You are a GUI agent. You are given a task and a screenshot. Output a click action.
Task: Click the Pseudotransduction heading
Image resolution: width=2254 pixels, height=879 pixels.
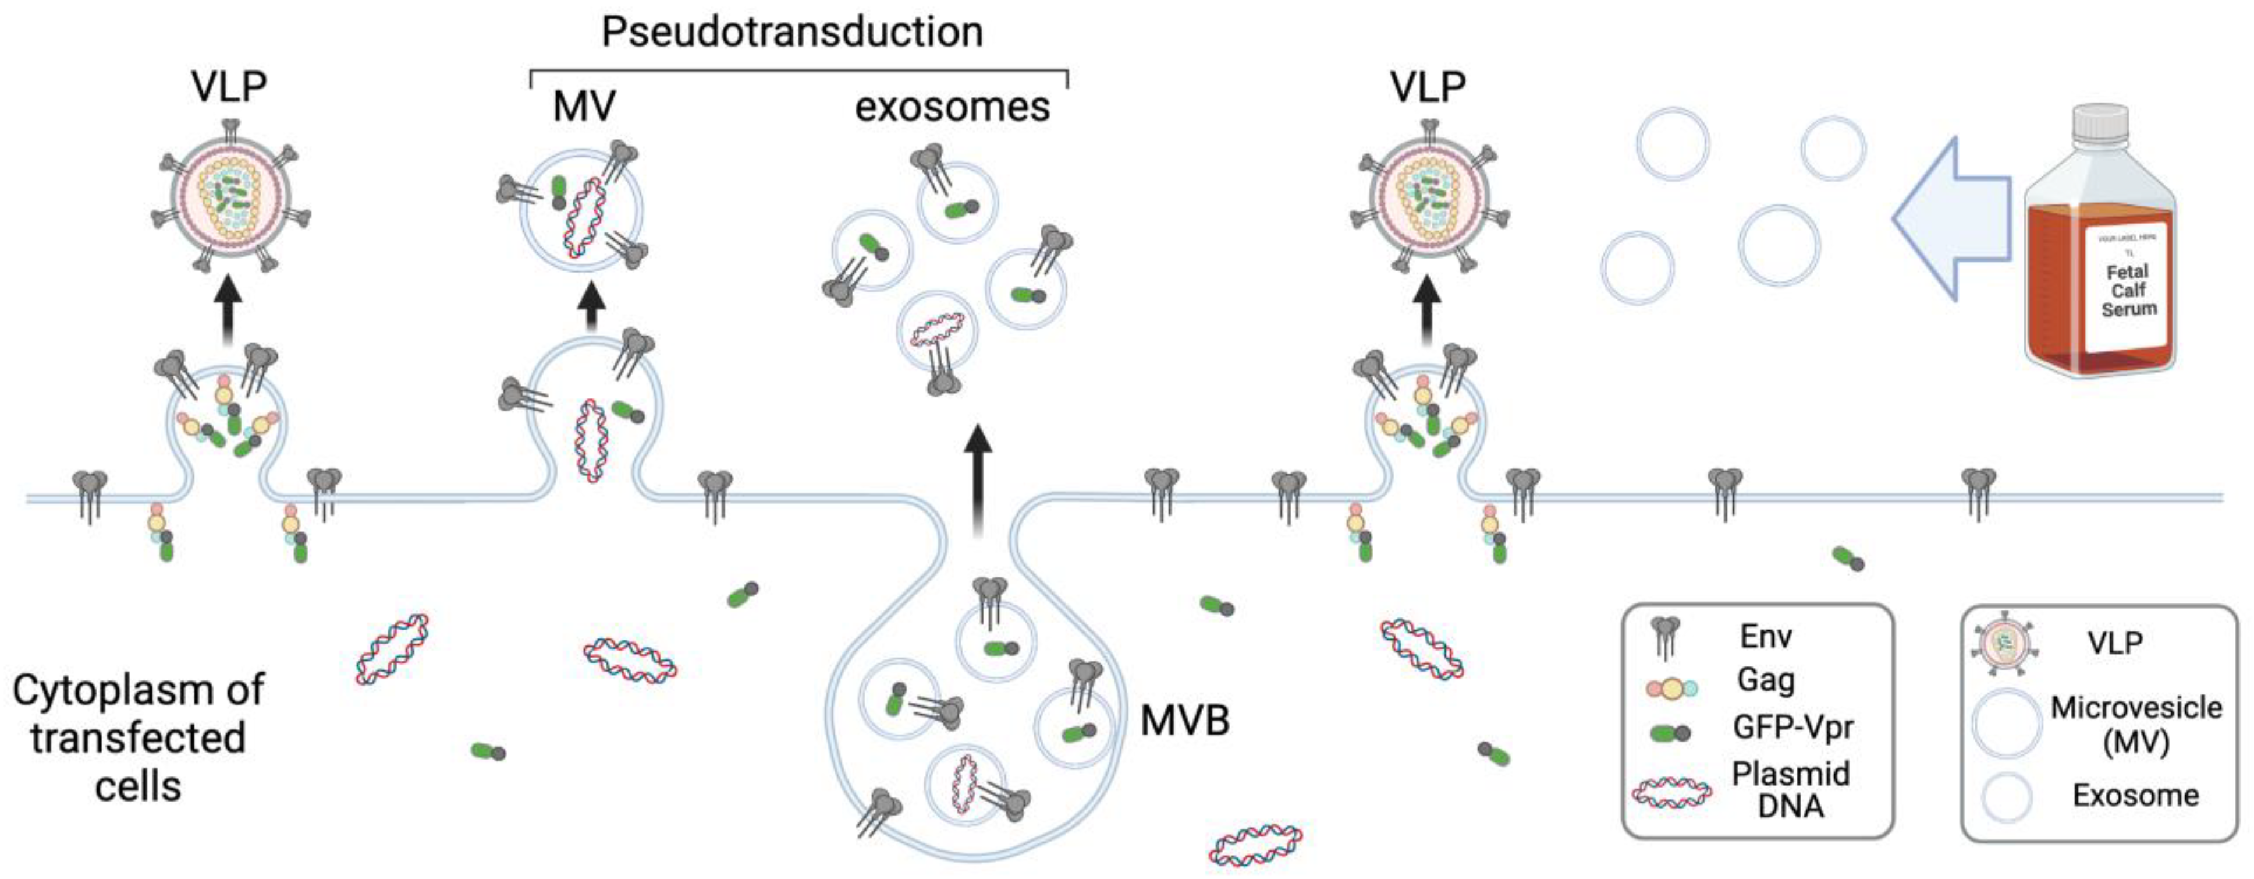[x=792, y=33]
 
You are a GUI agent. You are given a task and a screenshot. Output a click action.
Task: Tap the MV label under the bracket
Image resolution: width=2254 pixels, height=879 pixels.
[x=584, y=107]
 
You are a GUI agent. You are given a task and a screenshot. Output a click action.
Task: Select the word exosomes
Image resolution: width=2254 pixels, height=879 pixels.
[x=952, y=107]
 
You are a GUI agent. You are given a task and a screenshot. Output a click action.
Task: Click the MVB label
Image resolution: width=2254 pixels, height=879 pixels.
[x=1185, y=721]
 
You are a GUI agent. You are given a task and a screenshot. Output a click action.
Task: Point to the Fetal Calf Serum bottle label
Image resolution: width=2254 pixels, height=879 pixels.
[x=2128, y=289]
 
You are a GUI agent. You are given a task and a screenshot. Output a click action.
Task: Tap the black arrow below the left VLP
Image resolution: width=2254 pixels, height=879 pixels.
[x=228, y=311]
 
